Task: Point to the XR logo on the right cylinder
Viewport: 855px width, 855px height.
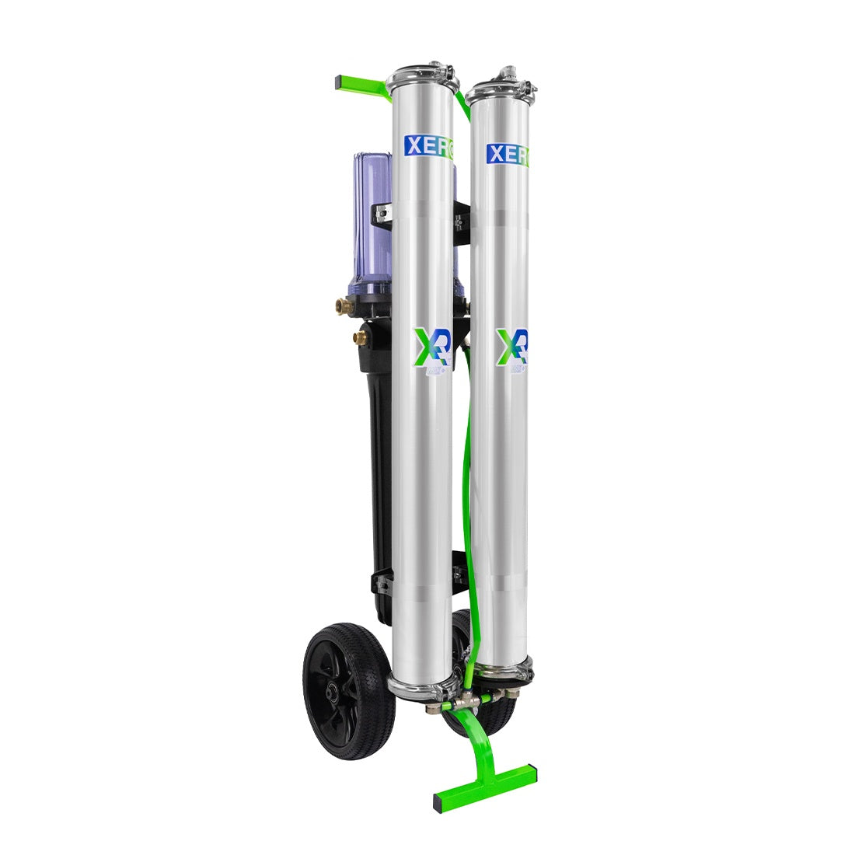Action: (514, 350)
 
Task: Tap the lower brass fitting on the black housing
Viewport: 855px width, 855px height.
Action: (359, 337)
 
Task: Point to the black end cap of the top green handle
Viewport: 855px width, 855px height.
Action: (340, 81)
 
